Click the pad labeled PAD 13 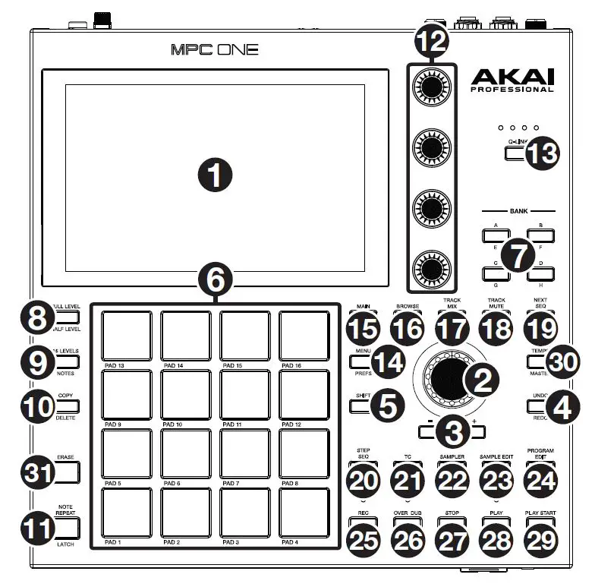pos(126,336)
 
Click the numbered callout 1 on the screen pos(215,174)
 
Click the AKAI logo pos(512,77)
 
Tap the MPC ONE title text pos(214,50)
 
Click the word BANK pos(518,209)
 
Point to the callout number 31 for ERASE pos(36,474)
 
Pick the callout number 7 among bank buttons pos(518,257)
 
